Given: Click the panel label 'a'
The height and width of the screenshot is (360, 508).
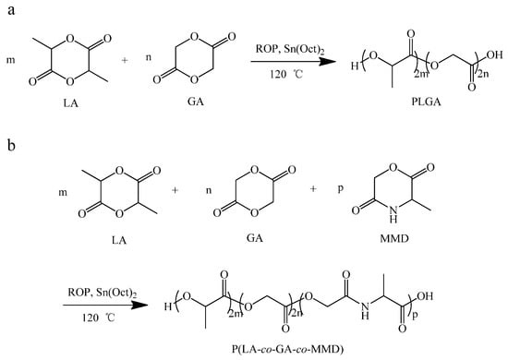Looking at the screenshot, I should pos(8,8).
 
